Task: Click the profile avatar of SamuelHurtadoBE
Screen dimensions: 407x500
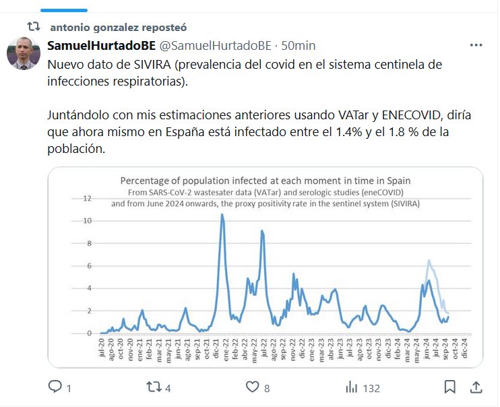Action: [24, 53]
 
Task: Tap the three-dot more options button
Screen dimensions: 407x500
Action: [476, 45]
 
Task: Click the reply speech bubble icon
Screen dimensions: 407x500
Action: [55, 387]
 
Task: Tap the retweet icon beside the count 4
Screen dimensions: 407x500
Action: [153, 387]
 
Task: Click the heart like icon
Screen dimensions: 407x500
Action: [252, 387]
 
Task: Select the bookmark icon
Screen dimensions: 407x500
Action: [449, 387]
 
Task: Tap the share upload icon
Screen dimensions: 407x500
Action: [476, 387]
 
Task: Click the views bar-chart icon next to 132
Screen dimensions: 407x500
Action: [351, 387]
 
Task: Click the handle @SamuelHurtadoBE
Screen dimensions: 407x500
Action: [214, 45]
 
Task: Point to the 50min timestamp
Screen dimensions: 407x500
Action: [298, 45]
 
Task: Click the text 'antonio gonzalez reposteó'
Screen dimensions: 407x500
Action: [118, 27]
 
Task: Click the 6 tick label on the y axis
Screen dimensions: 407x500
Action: [89, 265]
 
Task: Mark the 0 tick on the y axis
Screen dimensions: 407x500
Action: [89, 333]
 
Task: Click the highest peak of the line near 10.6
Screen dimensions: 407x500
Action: [222, 214]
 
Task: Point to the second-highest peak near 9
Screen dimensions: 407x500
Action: [261, 231]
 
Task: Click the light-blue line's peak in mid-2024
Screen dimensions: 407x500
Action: [429, 260]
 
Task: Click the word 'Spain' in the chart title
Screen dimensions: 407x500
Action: [396, 181]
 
